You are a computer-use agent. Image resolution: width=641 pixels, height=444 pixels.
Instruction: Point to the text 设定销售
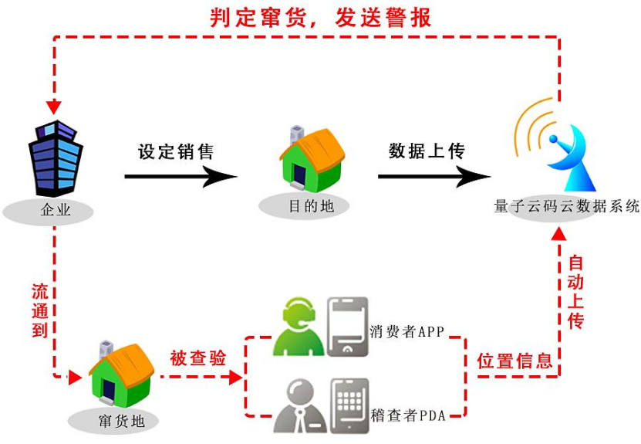(175, 151)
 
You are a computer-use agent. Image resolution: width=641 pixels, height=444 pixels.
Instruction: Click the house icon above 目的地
(310, 159)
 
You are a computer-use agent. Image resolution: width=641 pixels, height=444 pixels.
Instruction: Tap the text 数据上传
(427, 151)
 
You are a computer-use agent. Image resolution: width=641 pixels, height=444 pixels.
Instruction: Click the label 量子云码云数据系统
(567, 206)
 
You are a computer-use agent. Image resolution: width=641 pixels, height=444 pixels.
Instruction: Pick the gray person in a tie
(297, 406)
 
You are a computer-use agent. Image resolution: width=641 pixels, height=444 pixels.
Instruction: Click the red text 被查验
(198, 358)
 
